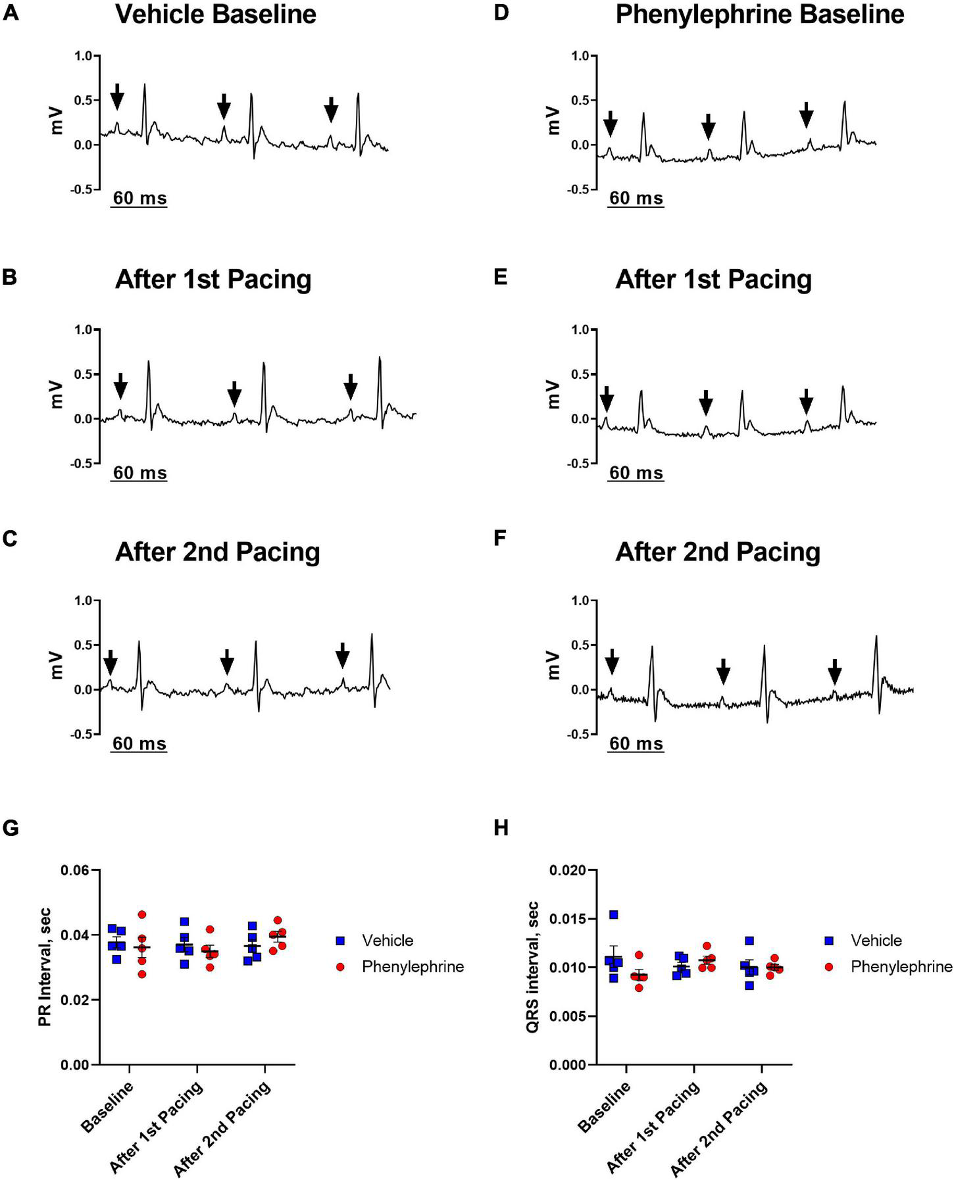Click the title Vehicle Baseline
click(x=216, y=14)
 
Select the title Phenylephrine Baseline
click(x=759, y=14)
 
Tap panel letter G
click(x=11, y=828)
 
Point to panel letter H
click(x=501, y=828)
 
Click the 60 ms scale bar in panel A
click(x=139, y=206)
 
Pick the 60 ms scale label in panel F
click(x=636, y=744)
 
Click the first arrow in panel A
click(x=116, y=97)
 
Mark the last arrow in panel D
click(x=807, y=115)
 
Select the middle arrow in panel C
click(x=227, y=662)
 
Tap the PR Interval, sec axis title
click(x=44, y=967)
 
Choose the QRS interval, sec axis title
click(x=533, y=967)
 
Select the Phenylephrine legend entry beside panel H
click(x=901, y=966)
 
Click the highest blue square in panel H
click(x=613, y=915)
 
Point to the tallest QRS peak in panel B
click(x=380, y=358)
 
